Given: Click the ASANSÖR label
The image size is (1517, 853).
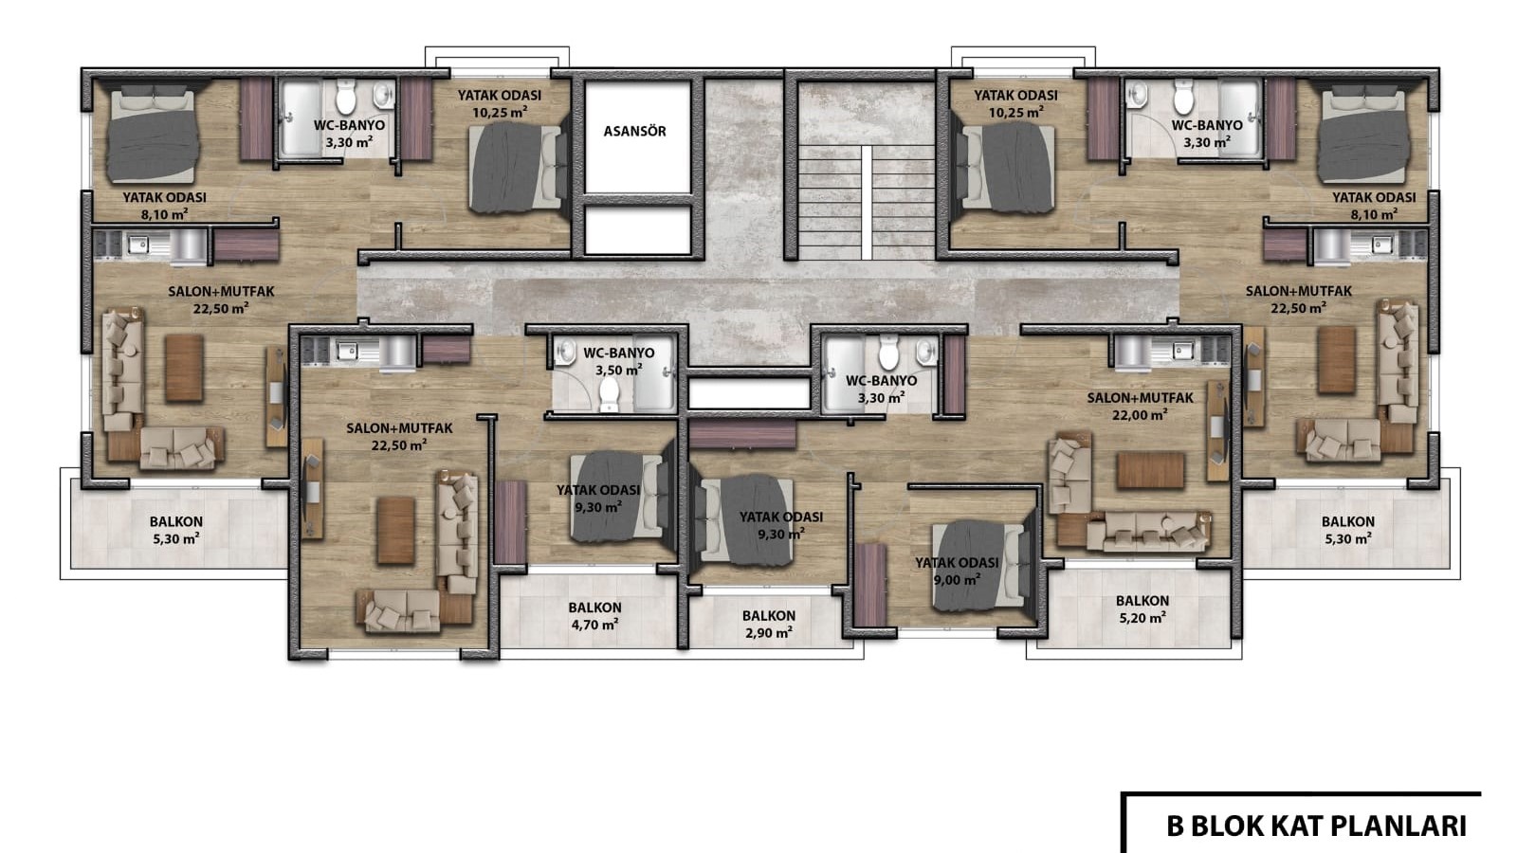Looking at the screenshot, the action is pyautogui.click(x=634, y=132).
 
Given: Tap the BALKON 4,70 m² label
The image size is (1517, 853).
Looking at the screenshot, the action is pyautogui.click(x=594, y=616).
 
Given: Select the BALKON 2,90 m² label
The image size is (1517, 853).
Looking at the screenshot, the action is pyautogui.click(x=769, y=625).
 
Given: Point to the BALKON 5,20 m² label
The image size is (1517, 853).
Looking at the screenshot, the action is pyautogui.click(x=1142, y=608).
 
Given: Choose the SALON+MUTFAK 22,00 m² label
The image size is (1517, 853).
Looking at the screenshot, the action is pyautogui.click(x=1140, y=407).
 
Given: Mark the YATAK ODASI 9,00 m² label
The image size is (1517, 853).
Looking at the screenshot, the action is pyautogui.click(x=957, y=572).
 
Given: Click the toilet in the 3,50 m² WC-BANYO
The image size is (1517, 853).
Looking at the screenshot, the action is pyautogui.click(x=610, y=393).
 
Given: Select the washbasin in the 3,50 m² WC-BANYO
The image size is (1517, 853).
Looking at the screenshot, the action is pyautogui.click(x=565, y=352).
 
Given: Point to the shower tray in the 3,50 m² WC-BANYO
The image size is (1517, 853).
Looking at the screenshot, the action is pyautogui.click(x=654, y=373).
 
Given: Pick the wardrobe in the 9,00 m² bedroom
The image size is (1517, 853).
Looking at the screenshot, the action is pyautogui.click(x=870, y=584).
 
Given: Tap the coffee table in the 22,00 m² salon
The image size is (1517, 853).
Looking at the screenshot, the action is pyautogui.click(x=1150, y=470).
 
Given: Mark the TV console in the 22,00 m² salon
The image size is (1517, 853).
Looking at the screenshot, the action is pyautogui.click(x=1217, y=431).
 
